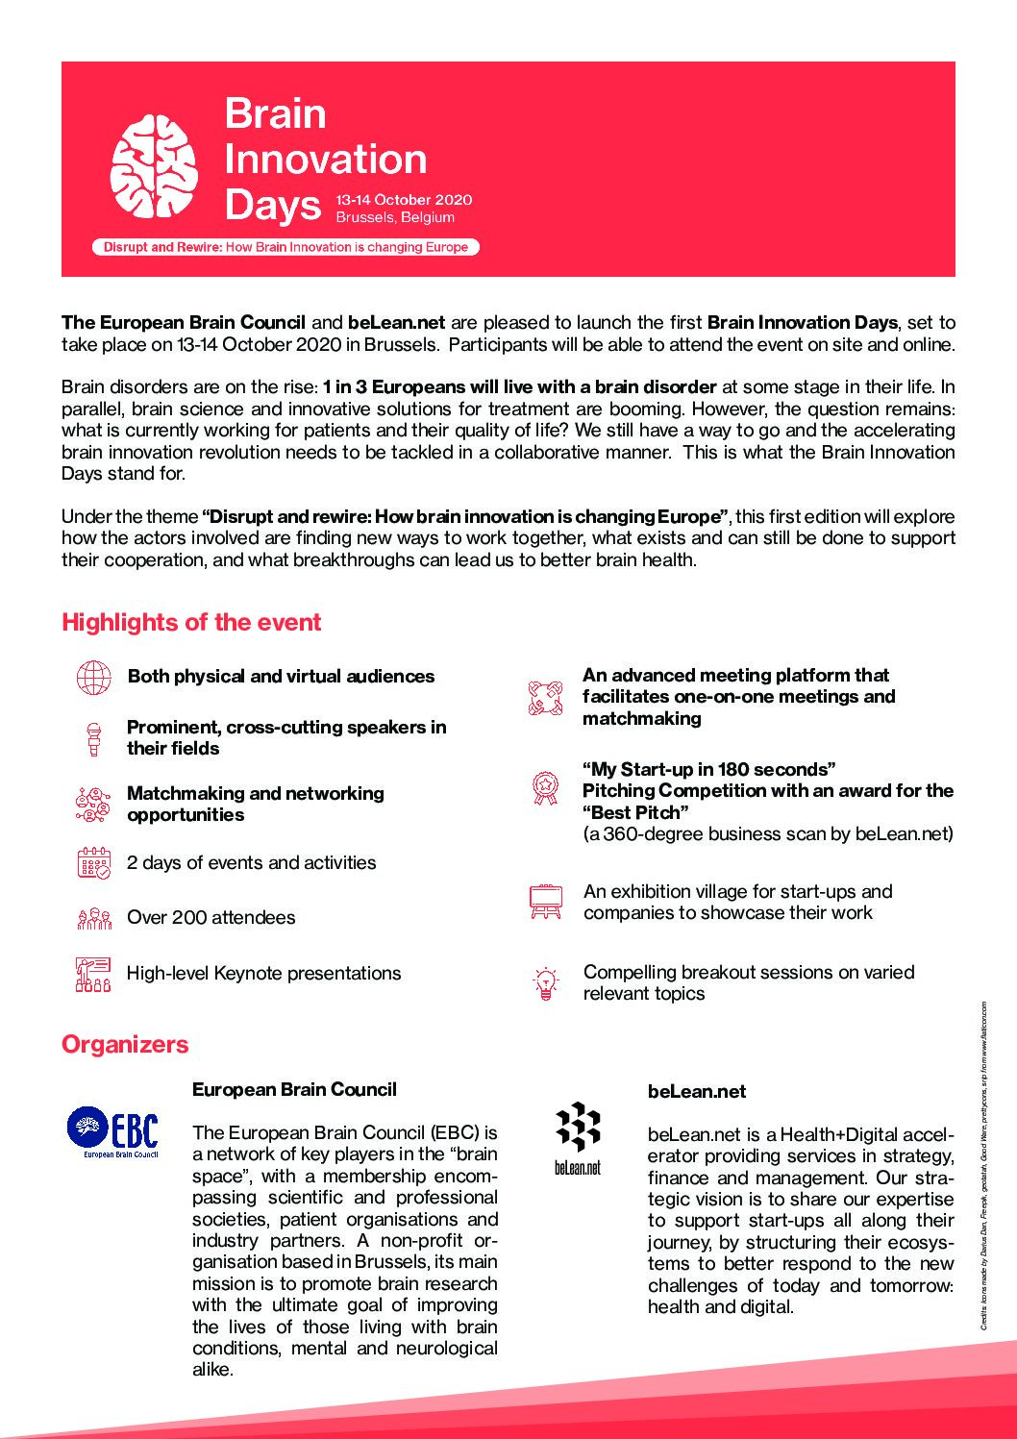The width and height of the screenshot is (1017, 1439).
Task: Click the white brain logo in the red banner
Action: point(154,166)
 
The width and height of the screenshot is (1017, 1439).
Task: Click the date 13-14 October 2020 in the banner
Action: point(404,200)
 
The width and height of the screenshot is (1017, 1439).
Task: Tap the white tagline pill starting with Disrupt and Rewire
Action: point(285,247)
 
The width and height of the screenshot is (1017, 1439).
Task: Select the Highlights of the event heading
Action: point(191,622)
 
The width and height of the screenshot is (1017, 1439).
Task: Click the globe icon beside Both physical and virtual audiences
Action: point(93,677)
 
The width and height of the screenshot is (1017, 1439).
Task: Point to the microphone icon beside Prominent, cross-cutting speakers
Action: point(93,738)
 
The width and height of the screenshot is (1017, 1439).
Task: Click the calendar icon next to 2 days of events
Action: point(93,863)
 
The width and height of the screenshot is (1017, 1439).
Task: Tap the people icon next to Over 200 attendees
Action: point(93,919)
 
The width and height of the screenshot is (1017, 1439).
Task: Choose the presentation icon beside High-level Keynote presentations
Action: point(93,974)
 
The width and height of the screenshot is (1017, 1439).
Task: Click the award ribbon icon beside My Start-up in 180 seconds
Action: point(546,788)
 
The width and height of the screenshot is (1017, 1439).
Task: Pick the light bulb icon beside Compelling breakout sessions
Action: point(546,983)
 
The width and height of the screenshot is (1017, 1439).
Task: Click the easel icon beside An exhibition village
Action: point(546,902)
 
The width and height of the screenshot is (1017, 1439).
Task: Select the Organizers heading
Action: point(125,1044)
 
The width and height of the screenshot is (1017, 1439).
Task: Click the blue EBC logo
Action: point(113,1132)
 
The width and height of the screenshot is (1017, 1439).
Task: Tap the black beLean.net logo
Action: point(578,1137)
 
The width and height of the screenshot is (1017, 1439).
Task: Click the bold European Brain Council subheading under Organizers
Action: point(294,1089)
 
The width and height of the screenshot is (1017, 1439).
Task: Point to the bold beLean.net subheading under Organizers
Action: point(697,1091)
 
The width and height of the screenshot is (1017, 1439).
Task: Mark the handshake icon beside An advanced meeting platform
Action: point(545,697)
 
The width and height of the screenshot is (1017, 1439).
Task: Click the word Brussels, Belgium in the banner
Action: point(395,217)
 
